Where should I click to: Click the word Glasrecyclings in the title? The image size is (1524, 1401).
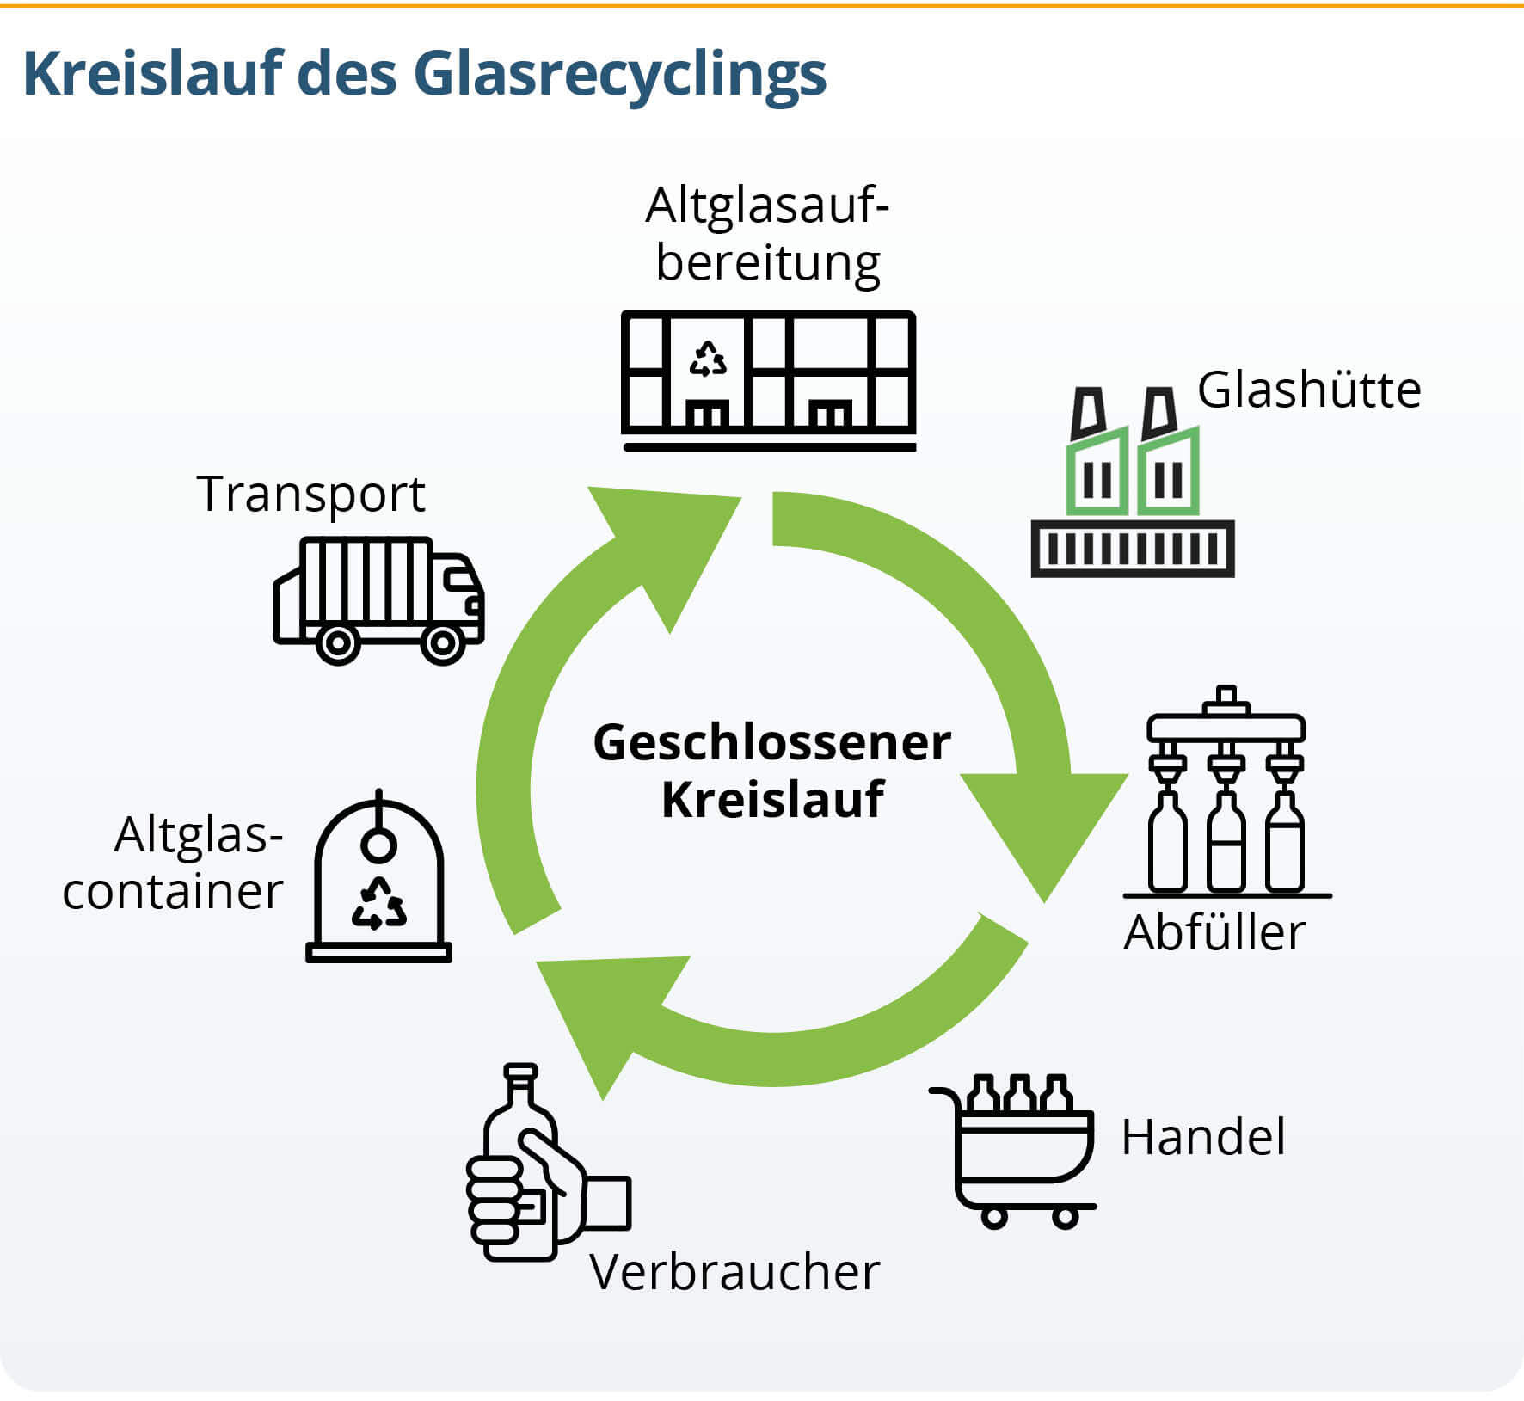click(619, 75)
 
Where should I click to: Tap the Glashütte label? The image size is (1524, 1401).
click(1308, 390)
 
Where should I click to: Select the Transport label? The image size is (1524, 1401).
click(310, 494)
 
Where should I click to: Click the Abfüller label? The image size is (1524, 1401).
click(1214, 931)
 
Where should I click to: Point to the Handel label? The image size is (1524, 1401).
click(1202, 1136)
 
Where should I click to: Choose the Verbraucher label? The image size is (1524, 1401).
click(734, 1271)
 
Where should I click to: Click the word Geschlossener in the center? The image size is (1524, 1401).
click(771, 742)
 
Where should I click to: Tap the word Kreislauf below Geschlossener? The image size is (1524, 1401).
click(771, 800)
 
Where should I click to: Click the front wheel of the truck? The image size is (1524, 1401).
click(442, 642)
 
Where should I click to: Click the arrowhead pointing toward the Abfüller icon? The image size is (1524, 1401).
click(1045, 826)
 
